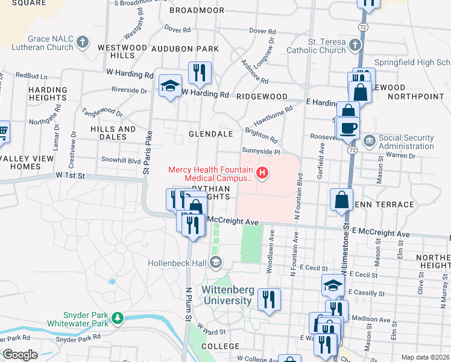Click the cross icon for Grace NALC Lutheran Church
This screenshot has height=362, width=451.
pos(83,43)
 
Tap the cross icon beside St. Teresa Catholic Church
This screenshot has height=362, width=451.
pos(355,45)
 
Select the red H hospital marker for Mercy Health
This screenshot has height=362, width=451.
pos(262,174)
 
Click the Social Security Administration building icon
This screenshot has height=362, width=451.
pos(369,142)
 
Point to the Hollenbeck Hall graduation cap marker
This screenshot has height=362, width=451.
pos(215,262)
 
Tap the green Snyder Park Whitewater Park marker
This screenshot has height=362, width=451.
pos(118,317)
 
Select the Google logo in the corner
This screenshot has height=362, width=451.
pos(20,354)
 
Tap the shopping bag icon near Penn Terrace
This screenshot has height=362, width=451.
pos(341,200)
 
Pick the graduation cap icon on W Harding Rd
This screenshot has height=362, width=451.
pos(170,86)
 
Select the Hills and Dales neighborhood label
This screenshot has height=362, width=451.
pos(113,133)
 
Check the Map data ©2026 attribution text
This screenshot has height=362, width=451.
pos(424,357)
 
